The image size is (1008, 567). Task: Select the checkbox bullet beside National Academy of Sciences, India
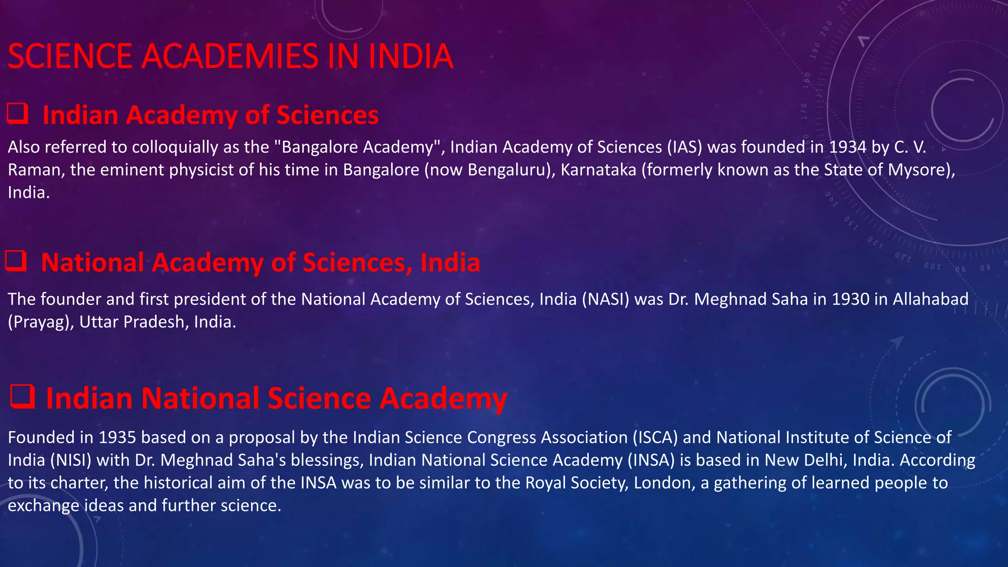[16, 261]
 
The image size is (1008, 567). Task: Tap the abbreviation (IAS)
[685, 147]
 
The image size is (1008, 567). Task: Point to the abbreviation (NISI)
[71, 460]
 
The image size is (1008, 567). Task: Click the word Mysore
[918, 170]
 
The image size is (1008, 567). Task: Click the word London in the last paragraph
[664, 483]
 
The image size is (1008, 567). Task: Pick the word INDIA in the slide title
[410, 56]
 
